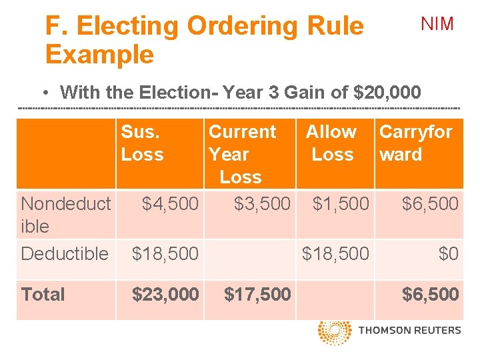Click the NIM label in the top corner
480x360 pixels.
click(x=437, y=25)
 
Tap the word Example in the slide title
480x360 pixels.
click(x=99, y=54)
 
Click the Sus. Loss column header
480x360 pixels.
click(x=142, y=143)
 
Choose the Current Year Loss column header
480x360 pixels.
click(x=241, y=154)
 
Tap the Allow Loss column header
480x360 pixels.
click(x=331, y=143)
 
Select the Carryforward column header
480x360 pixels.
click(x=415, y=143)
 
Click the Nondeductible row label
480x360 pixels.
click(x=66, y=215)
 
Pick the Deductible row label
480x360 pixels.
click(x=65, y=253)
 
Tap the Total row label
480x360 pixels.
click(x=43, y=294)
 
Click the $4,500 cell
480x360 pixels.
click(x=171, y=204)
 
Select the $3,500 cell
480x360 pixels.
click(x=262, y=204)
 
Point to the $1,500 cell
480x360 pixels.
click(x=341, y=204)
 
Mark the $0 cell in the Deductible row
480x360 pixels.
click(x=448, y=253)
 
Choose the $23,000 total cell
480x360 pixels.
click(x=165, y=294)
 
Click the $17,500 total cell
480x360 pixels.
click(x=257, y=294)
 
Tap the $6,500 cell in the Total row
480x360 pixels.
click(x=430, y=294)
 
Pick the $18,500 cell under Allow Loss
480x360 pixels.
click(x=335, y=253)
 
